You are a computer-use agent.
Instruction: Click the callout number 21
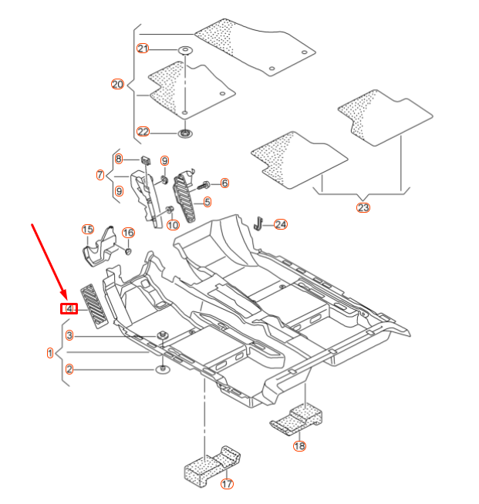click(x=143, y=49)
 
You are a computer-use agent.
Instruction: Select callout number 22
click(x=143, y=132)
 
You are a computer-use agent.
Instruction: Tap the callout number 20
click(x=117, y=84)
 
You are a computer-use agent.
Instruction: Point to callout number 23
click(x=363, y=207)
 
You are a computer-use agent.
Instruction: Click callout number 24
click(x=281, y=224)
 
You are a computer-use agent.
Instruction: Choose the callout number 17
click(x=227, y=484)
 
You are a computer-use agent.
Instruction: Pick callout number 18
click(x=299, y=446)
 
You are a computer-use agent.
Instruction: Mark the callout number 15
click(x=88, y=230)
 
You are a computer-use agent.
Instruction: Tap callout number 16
click(x=128, y=233)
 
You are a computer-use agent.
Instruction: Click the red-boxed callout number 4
click(x=69, y=309)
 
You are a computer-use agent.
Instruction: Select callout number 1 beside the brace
click(x=50, y=353)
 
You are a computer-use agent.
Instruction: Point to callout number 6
click(x=224, y=183)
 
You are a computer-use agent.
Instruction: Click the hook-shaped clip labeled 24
click(x=260, y=223)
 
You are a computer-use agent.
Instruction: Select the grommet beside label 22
click(x=186, y=134)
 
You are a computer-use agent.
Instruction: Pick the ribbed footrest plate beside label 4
click(x=94, y=305)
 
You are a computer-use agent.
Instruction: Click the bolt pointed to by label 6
click(x=206, y=185)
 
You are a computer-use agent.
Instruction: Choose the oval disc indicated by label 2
click(x=163, y=371)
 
